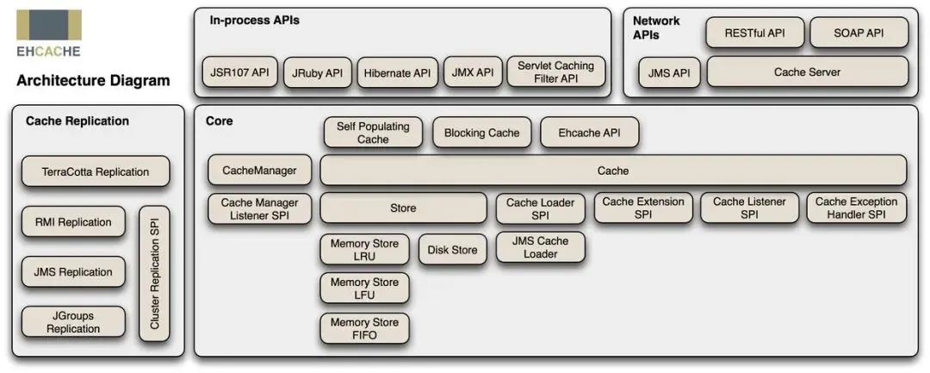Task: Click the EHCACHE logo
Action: [x=48, y=34]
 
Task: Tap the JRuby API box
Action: [x=317, y=72]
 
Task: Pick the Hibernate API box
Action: [x=397, y=72]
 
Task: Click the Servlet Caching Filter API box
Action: [x=555, y=71]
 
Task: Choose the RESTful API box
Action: [x=754, y=33]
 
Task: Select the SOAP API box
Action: [x=859, y=33]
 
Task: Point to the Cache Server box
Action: [x=807, y=71]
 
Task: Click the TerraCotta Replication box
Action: [x=96, y=172]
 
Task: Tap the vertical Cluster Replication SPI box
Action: [x=154, y=273]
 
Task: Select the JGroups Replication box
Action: [x=73, y=322]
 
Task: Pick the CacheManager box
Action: [x=259, y=171]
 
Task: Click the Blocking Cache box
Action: [x=481, y=133]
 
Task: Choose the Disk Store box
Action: [x=453, y=250]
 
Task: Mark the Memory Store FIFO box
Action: [x=364, y=328]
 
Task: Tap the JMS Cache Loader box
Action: [x=540, y=247]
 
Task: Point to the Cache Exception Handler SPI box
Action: [x=857, y=208]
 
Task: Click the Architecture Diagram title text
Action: [x=93, y=81]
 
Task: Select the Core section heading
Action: [x=220, y=121]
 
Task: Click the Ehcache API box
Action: [x=590, y=133]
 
